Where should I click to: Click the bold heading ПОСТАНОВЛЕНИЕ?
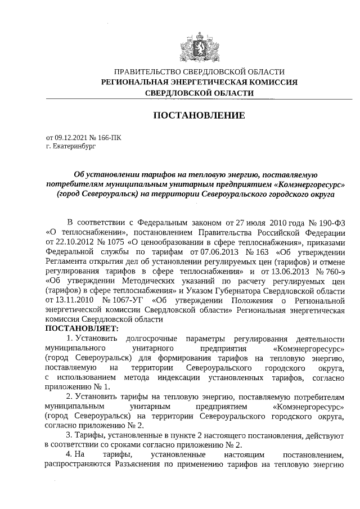pos(199,116)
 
